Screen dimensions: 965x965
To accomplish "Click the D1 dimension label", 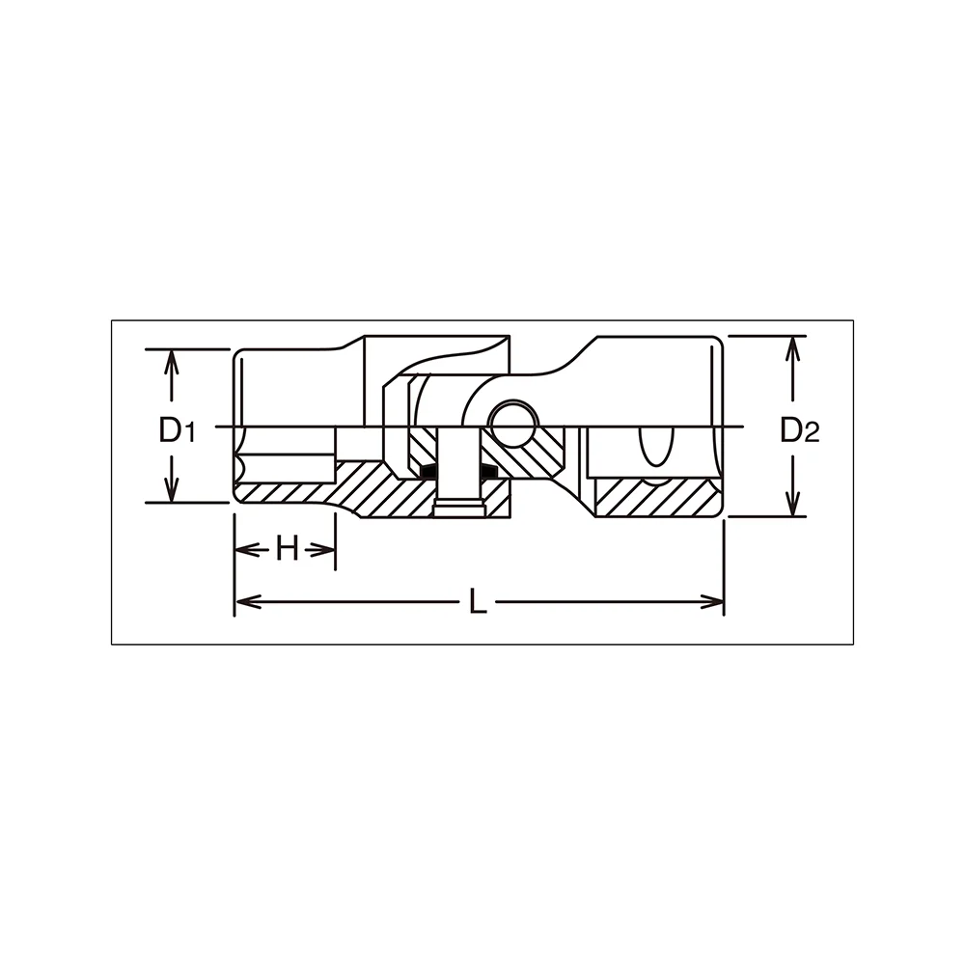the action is point(178,429).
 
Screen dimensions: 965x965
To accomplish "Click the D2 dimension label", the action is point(800,429).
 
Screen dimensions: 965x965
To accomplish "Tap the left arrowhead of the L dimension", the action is point(248,601).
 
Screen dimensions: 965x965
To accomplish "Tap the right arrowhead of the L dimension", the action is point(710,601).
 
